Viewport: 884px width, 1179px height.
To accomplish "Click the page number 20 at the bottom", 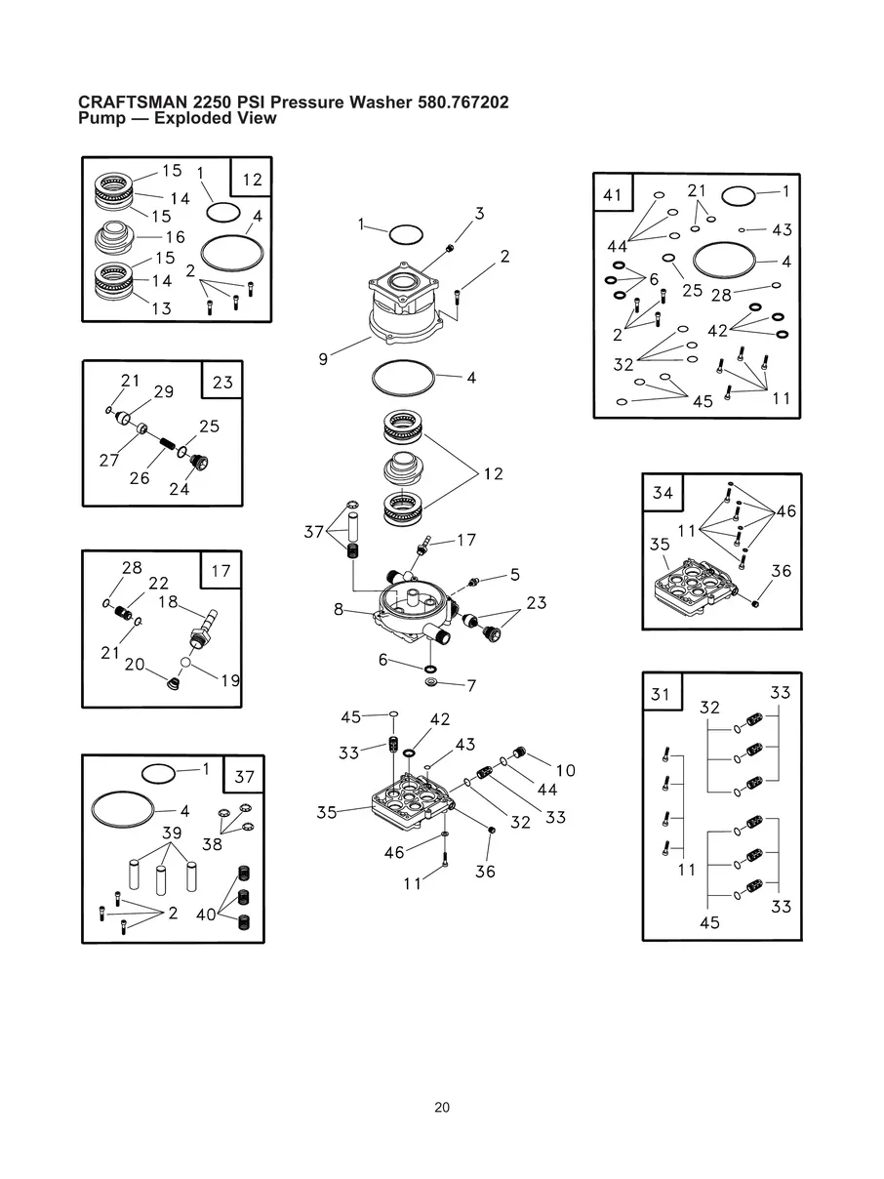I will click(442, 1108).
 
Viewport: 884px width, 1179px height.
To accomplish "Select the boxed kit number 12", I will click(252, 180).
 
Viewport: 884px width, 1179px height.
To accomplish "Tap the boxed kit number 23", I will click(222, 382).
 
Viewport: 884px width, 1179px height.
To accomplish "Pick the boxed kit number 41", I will click(613, 195).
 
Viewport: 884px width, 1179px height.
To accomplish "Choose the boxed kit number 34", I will click(663, 493).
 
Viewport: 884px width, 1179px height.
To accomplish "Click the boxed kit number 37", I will click(244, 777).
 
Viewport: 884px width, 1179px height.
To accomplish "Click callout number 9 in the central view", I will click(323, 359).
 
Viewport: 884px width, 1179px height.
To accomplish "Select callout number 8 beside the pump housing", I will click(339, 609).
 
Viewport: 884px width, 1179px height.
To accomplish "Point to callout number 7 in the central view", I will click(471, 686).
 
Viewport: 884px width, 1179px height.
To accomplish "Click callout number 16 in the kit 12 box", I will click(175, 237).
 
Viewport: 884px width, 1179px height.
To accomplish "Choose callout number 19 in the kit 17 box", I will click(230, 680).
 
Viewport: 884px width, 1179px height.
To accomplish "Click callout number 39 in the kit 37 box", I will click(172, 833).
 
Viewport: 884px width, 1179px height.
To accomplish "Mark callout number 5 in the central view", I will click(514, 574).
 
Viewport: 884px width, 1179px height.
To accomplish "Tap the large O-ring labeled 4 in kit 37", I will click(124, 810).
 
